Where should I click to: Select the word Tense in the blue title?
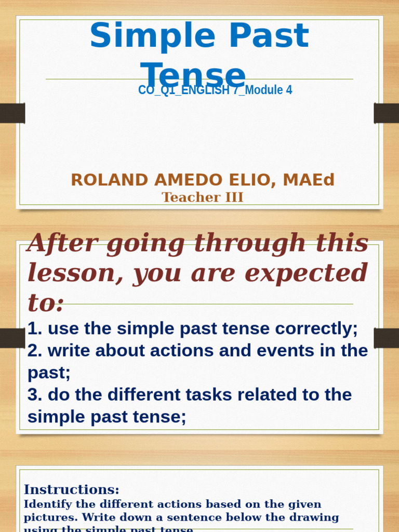(193, 75)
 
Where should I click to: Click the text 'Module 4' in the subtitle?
(269, 90)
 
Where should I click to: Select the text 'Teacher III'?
(203, 197)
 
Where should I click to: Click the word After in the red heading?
(62, 243)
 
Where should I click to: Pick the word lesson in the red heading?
(72, 273)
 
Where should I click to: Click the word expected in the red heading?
(306, 273)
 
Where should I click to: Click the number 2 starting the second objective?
(34, 351)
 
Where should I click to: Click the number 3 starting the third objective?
(34, 395)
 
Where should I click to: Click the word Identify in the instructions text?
(45, 504)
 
